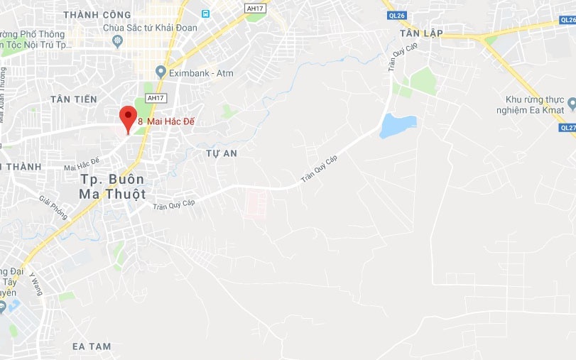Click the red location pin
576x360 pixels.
[127, 117]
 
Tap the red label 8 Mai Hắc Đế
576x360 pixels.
[166, 122]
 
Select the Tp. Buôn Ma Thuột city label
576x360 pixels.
[112, 186]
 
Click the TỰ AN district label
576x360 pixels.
[221, 153]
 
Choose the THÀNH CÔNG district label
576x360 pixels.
[97, 14]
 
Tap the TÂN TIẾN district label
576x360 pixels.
[74, 99]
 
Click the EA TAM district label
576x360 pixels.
[92, 346]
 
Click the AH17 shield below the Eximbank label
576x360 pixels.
[154, 98]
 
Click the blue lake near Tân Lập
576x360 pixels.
[397, 126]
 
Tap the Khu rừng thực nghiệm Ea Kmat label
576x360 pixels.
[535, 104]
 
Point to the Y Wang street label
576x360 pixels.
[36, 283]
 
